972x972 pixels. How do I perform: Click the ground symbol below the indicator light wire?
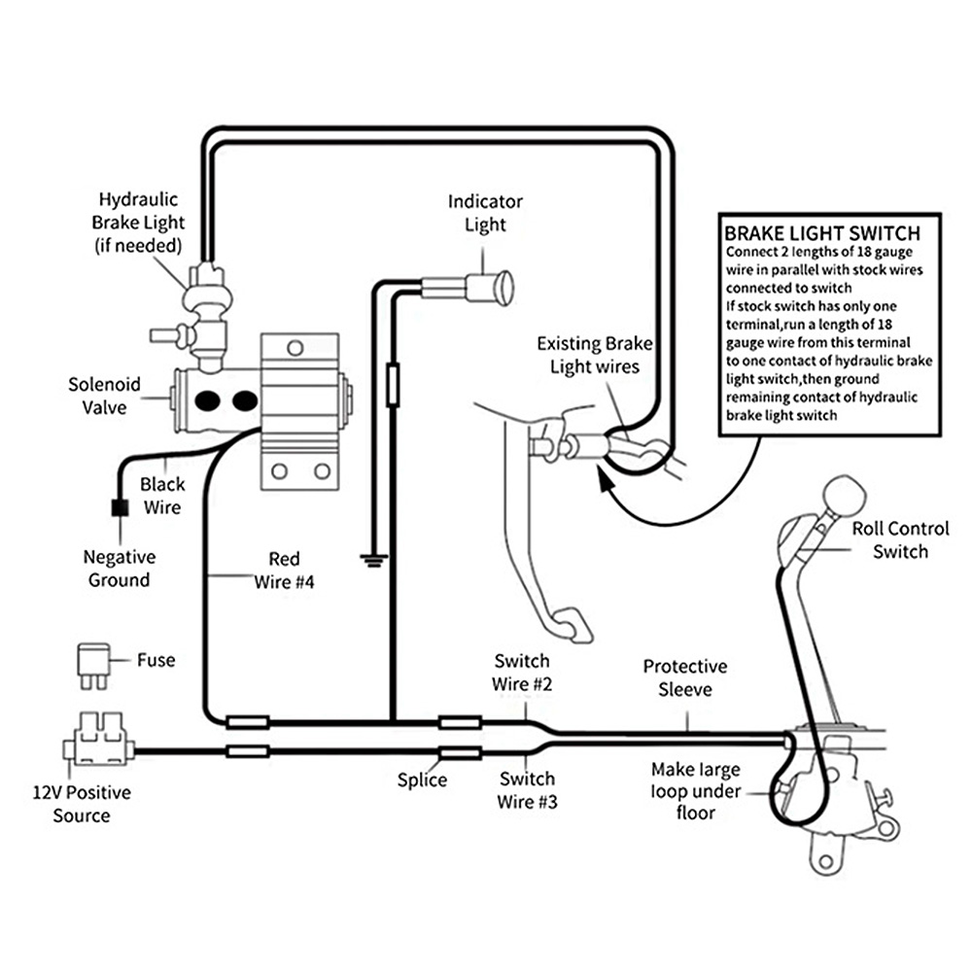373,561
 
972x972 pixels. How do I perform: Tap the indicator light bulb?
490,288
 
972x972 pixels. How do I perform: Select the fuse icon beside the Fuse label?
94,667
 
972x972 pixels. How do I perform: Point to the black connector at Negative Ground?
120,507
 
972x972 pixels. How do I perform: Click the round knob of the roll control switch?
844,495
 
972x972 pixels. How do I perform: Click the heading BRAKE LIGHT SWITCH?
822,233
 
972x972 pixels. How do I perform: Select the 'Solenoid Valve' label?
104,396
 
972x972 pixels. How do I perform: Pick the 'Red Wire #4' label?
284,571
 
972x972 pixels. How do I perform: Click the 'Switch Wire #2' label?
522,672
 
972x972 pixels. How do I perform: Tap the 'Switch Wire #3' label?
527,789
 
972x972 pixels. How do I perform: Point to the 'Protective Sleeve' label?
685,677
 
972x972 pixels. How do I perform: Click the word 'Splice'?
422,780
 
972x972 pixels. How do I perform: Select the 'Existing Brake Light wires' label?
595,355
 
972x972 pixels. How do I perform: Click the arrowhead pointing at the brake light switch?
605,478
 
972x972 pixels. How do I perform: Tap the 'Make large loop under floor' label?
696,791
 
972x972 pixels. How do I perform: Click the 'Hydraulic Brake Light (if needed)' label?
138,223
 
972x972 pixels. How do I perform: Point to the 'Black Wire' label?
162,496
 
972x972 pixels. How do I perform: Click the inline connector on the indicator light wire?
393,386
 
